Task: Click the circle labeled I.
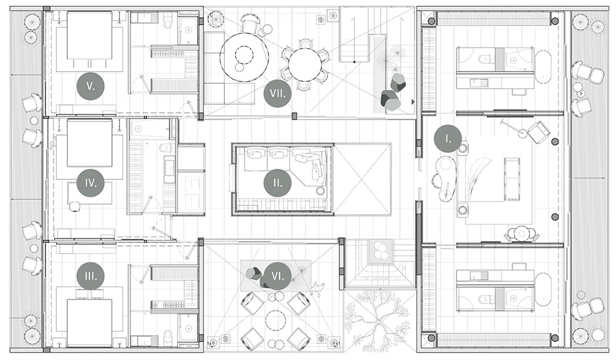(448, 138)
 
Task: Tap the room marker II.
(278, 182)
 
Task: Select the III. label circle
(91, 276)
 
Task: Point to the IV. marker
(91, 182)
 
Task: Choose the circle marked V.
(91, 86)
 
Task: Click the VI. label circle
(278, 276)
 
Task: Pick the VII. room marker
(278, 93)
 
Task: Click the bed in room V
(90, 35)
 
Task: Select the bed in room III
(90, 323)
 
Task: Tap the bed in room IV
(90, 143)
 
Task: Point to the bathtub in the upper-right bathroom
(543, 67)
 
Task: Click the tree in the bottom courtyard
(375, 320)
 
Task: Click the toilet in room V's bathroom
(168, 21)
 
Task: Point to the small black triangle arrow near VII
(413, 102)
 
